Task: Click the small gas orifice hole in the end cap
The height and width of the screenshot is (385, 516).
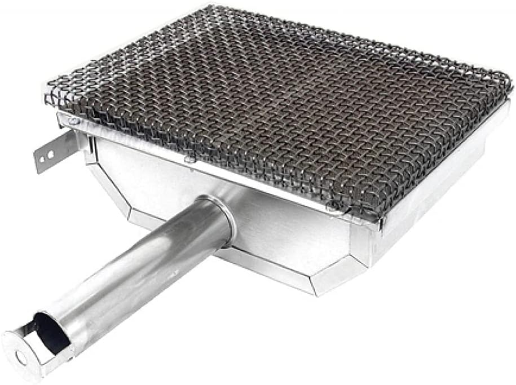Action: point(21,356)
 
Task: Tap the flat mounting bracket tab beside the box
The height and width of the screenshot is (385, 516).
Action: point(54,152)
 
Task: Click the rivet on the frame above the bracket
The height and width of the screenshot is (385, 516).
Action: point(70,120)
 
